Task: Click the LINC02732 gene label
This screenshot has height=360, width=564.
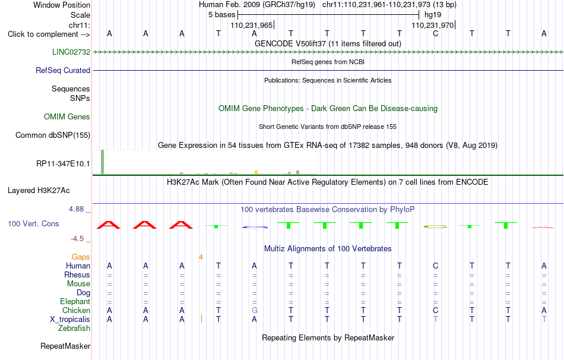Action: click(x=71, y=52)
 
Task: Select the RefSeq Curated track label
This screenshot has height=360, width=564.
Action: click(x=63, y=70)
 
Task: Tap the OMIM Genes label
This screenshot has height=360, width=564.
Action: click(x=67, y=116)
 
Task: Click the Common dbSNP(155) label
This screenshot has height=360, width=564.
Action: click(x=53, y=135)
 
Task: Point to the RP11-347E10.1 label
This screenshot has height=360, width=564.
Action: click(x=63, y=164)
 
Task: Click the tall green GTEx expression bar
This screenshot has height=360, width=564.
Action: click(x=103, y=162)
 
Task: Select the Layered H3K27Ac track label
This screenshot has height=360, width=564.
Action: click(x=39, y=191)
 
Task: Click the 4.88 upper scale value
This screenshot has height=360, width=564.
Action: click(x=76, y=209)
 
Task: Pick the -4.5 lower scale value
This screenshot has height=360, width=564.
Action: click(x=77, y=239)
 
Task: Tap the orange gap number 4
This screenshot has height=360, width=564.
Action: click(x=201, y=257)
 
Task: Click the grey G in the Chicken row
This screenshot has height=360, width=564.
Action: click(x=254, y=310)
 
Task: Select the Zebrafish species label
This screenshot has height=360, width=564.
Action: click(x=74, y=329)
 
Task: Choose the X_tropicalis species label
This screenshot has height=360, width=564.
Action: click(x=70, y=320)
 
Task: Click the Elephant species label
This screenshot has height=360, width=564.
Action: click(x=75, y=301)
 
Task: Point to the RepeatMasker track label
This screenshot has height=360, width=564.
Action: click(x=65, y=346)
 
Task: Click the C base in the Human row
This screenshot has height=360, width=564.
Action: click(x=436, y=266)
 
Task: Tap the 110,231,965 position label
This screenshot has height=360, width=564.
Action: click(x=252, y=25)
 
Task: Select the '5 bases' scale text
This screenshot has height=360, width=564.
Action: click(x=221, y=15)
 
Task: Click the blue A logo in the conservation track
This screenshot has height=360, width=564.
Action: click(x=255, y=227)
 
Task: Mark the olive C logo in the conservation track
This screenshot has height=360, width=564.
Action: click(x=435, y=227)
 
